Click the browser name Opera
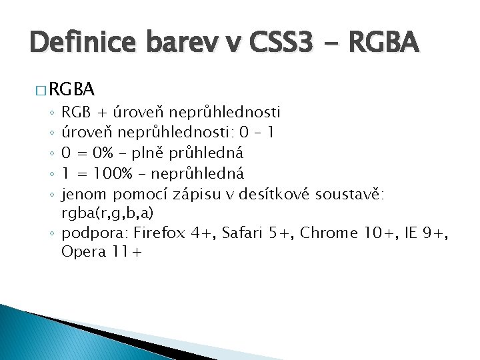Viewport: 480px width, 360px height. coord(81,252)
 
